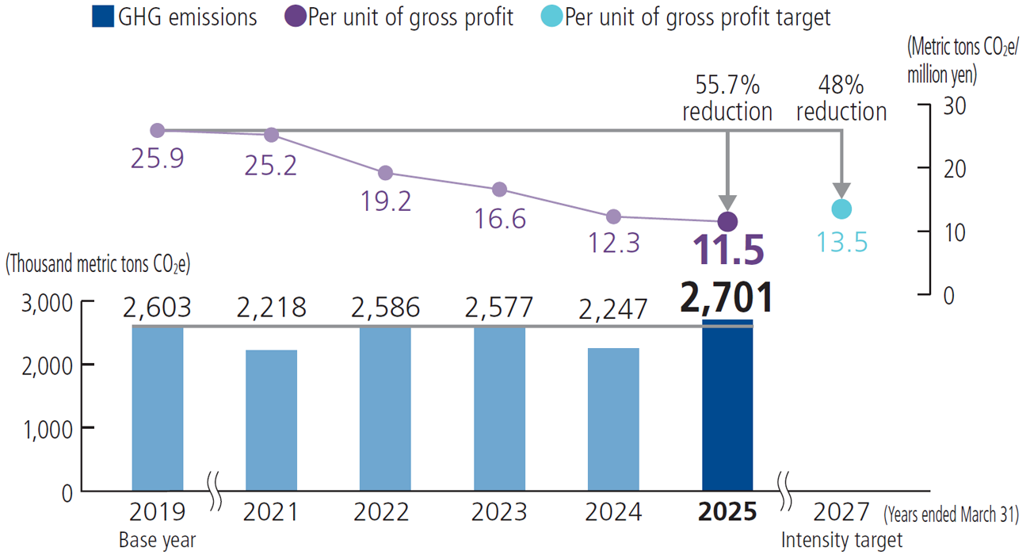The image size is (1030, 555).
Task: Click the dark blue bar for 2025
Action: coord(727,406)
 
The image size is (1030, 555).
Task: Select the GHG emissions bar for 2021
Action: coord(271,420)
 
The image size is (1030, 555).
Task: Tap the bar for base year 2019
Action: coord(158,408)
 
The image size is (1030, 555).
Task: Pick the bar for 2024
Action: coord(613,419)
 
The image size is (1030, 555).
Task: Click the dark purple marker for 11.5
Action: coord(727,221)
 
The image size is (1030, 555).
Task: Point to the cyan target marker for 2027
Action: coord(841,209)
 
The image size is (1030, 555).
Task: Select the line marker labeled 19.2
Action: coord(385,173)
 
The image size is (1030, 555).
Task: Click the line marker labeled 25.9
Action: coord(157,131)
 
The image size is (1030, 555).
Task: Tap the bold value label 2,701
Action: coord(727,298)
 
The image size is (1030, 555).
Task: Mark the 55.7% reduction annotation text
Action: coord(727,98)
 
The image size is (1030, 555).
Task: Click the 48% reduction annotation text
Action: coord(841,98)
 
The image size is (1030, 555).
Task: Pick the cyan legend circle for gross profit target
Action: coord(551,17)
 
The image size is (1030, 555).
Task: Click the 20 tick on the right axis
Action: coord(955,168)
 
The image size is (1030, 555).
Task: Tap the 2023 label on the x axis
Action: coord(499,512)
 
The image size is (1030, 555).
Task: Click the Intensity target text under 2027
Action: coord(841,541)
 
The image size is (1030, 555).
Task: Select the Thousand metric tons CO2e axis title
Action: coord(98,265)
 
